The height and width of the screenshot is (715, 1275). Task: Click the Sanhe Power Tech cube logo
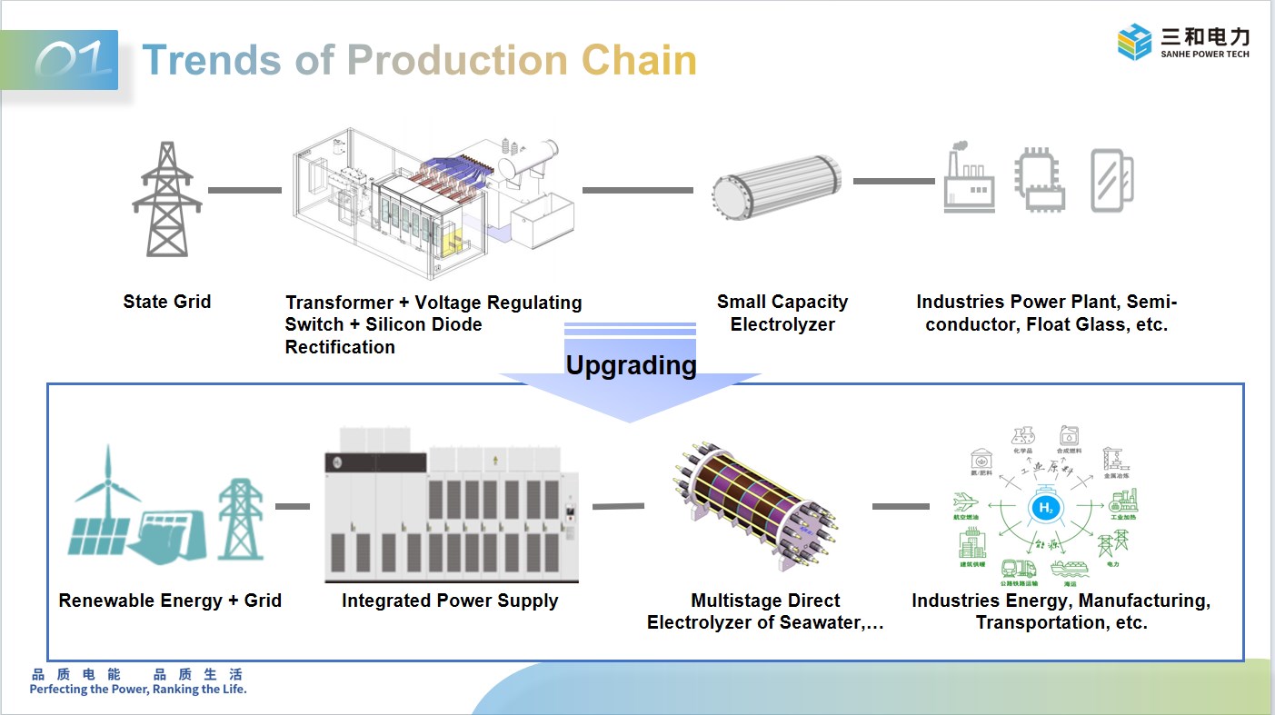[1134, 42]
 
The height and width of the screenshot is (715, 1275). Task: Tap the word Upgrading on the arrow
[631, 365]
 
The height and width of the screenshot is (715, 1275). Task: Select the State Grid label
[167, 302]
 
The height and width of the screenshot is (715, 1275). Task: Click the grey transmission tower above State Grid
[167, 199]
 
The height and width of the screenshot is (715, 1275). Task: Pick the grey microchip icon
[1040, 180]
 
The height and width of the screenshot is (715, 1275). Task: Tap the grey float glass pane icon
[1111, 180]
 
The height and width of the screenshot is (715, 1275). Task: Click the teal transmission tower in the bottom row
[240, 519]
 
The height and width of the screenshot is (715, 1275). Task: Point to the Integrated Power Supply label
[450, 601]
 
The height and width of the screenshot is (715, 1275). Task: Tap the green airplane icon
[966, 501]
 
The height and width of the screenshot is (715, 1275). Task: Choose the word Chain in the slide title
[639, 61]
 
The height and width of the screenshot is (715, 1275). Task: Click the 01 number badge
[75, 61]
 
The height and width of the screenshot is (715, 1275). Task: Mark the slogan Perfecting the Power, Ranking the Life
[138, 690]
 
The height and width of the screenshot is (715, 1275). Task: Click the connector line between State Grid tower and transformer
[244, 190]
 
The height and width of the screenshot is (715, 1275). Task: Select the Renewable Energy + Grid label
[170, 601]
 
